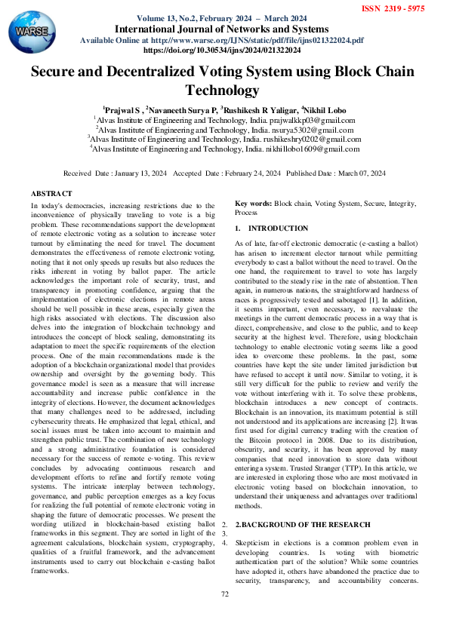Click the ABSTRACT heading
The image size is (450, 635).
(x=51, y=195)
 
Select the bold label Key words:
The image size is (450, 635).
(x=253, y=204)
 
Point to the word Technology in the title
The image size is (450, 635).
(x=224, y=90)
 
